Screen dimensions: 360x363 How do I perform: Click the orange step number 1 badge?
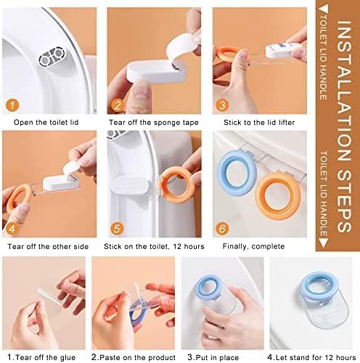pos(12,105)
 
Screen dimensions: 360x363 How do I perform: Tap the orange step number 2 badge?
pos(118,105)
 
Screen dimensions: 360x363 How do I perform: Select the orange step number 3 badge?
pos(222,105)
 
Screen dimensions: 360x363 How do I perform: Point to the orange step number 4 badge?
pos(12,229)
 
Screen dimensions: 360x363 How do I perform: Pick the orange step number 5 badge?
pos(117,229)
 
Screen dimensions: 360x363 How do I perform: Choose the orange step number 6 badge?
pos(222,229)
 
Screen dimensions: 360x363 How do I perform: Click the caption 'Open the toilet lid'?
pos(46,122)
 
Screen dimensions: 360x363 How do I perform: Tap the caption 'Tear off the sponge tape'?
pos(154,123)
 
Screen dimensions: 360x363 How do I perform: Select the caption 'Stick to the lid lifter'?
pos(259,123)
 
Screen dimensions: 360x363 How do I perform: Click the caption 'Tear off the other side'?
pos(48,247)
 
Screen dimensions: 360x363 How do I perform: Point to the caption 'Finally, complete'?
pos(253,247)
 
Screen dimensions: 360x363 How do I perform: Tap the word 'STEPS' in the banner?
pos(344,200)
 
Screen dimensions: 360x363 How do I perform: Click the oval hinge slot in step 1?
pos(52,57)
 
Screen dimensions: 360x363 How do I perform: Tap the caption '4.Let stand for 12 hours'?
pos(311,357)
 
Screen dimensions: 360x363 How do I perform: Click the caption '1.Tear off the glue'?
pos(41,357)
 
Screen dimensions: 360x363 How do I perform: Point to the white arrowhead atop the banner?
pos(324,9)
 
